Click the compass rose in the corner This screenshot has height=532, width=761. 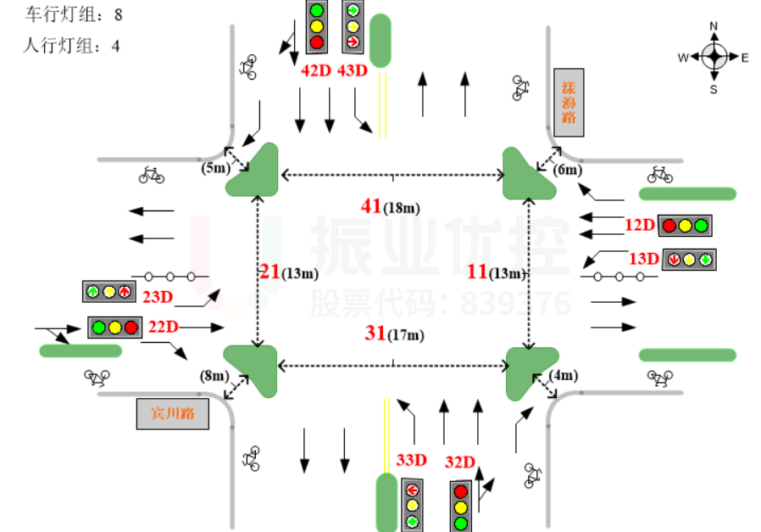pyautogui.click(x=714, y=57)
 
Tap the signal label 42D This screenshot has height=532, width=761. pyautogui.click(x=315, y=70)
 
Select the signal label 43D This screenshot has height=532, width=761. pyautogui.click(x=352, y=70)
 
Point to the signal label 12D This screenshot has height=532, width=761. pyautogui.click(x=640, y=226)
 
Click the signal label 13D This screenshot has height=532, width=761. pyautogui.click(x=643, y=258)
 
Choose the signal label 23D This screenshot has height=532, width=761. pyautogui.click(x=158, y=296)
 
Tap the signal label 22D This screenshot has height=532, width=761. pyautogui.click(x=163, y=327)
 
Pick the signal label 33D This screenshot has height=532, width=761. pyautogui.click(x=411, y=460)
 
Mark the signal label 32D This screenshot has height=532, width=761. pyautogui.click(x=460, y=462)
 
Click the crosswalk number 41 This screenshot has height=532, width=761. pyautogui.click(x=371, y=205)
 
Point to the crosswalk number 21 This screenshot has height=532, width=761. pyautogui.click(x=269, y=272)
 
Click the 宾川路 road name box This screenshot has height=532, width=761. pyautogui.click(x=173, y=415)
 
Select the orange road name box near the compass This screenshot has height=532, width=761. pyautogui.click(x=568, y=101)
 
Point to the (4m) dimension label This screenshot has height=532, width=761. pyautogui.click(x=564, y=376)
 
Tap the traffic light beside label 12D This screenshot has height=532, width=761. pyautogui.click(x=685, y=226)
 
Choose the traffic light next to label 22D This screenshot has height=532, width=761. pyautogui.click(x=114, y=327)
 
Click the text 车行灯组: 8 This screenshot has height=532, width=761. pyautogui.click(x=75, y=14)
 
